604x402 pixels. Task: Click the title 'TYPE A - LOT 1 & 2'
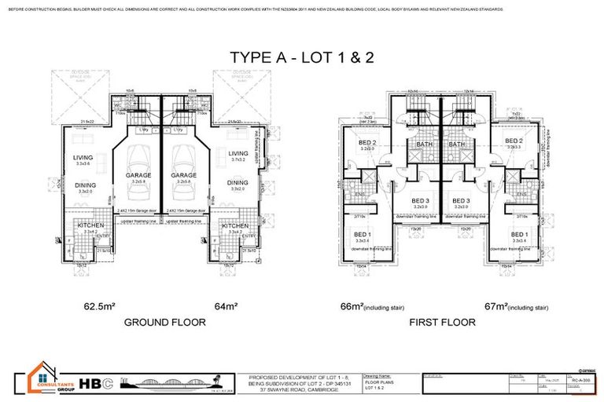tap(302, 57)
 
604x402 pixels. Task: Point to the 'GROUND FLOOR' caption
tap(165, 322)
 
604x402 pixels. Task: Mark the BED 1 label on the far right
tap(518, 236)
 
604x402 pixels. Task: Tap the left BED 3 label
tap(419, 200)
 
